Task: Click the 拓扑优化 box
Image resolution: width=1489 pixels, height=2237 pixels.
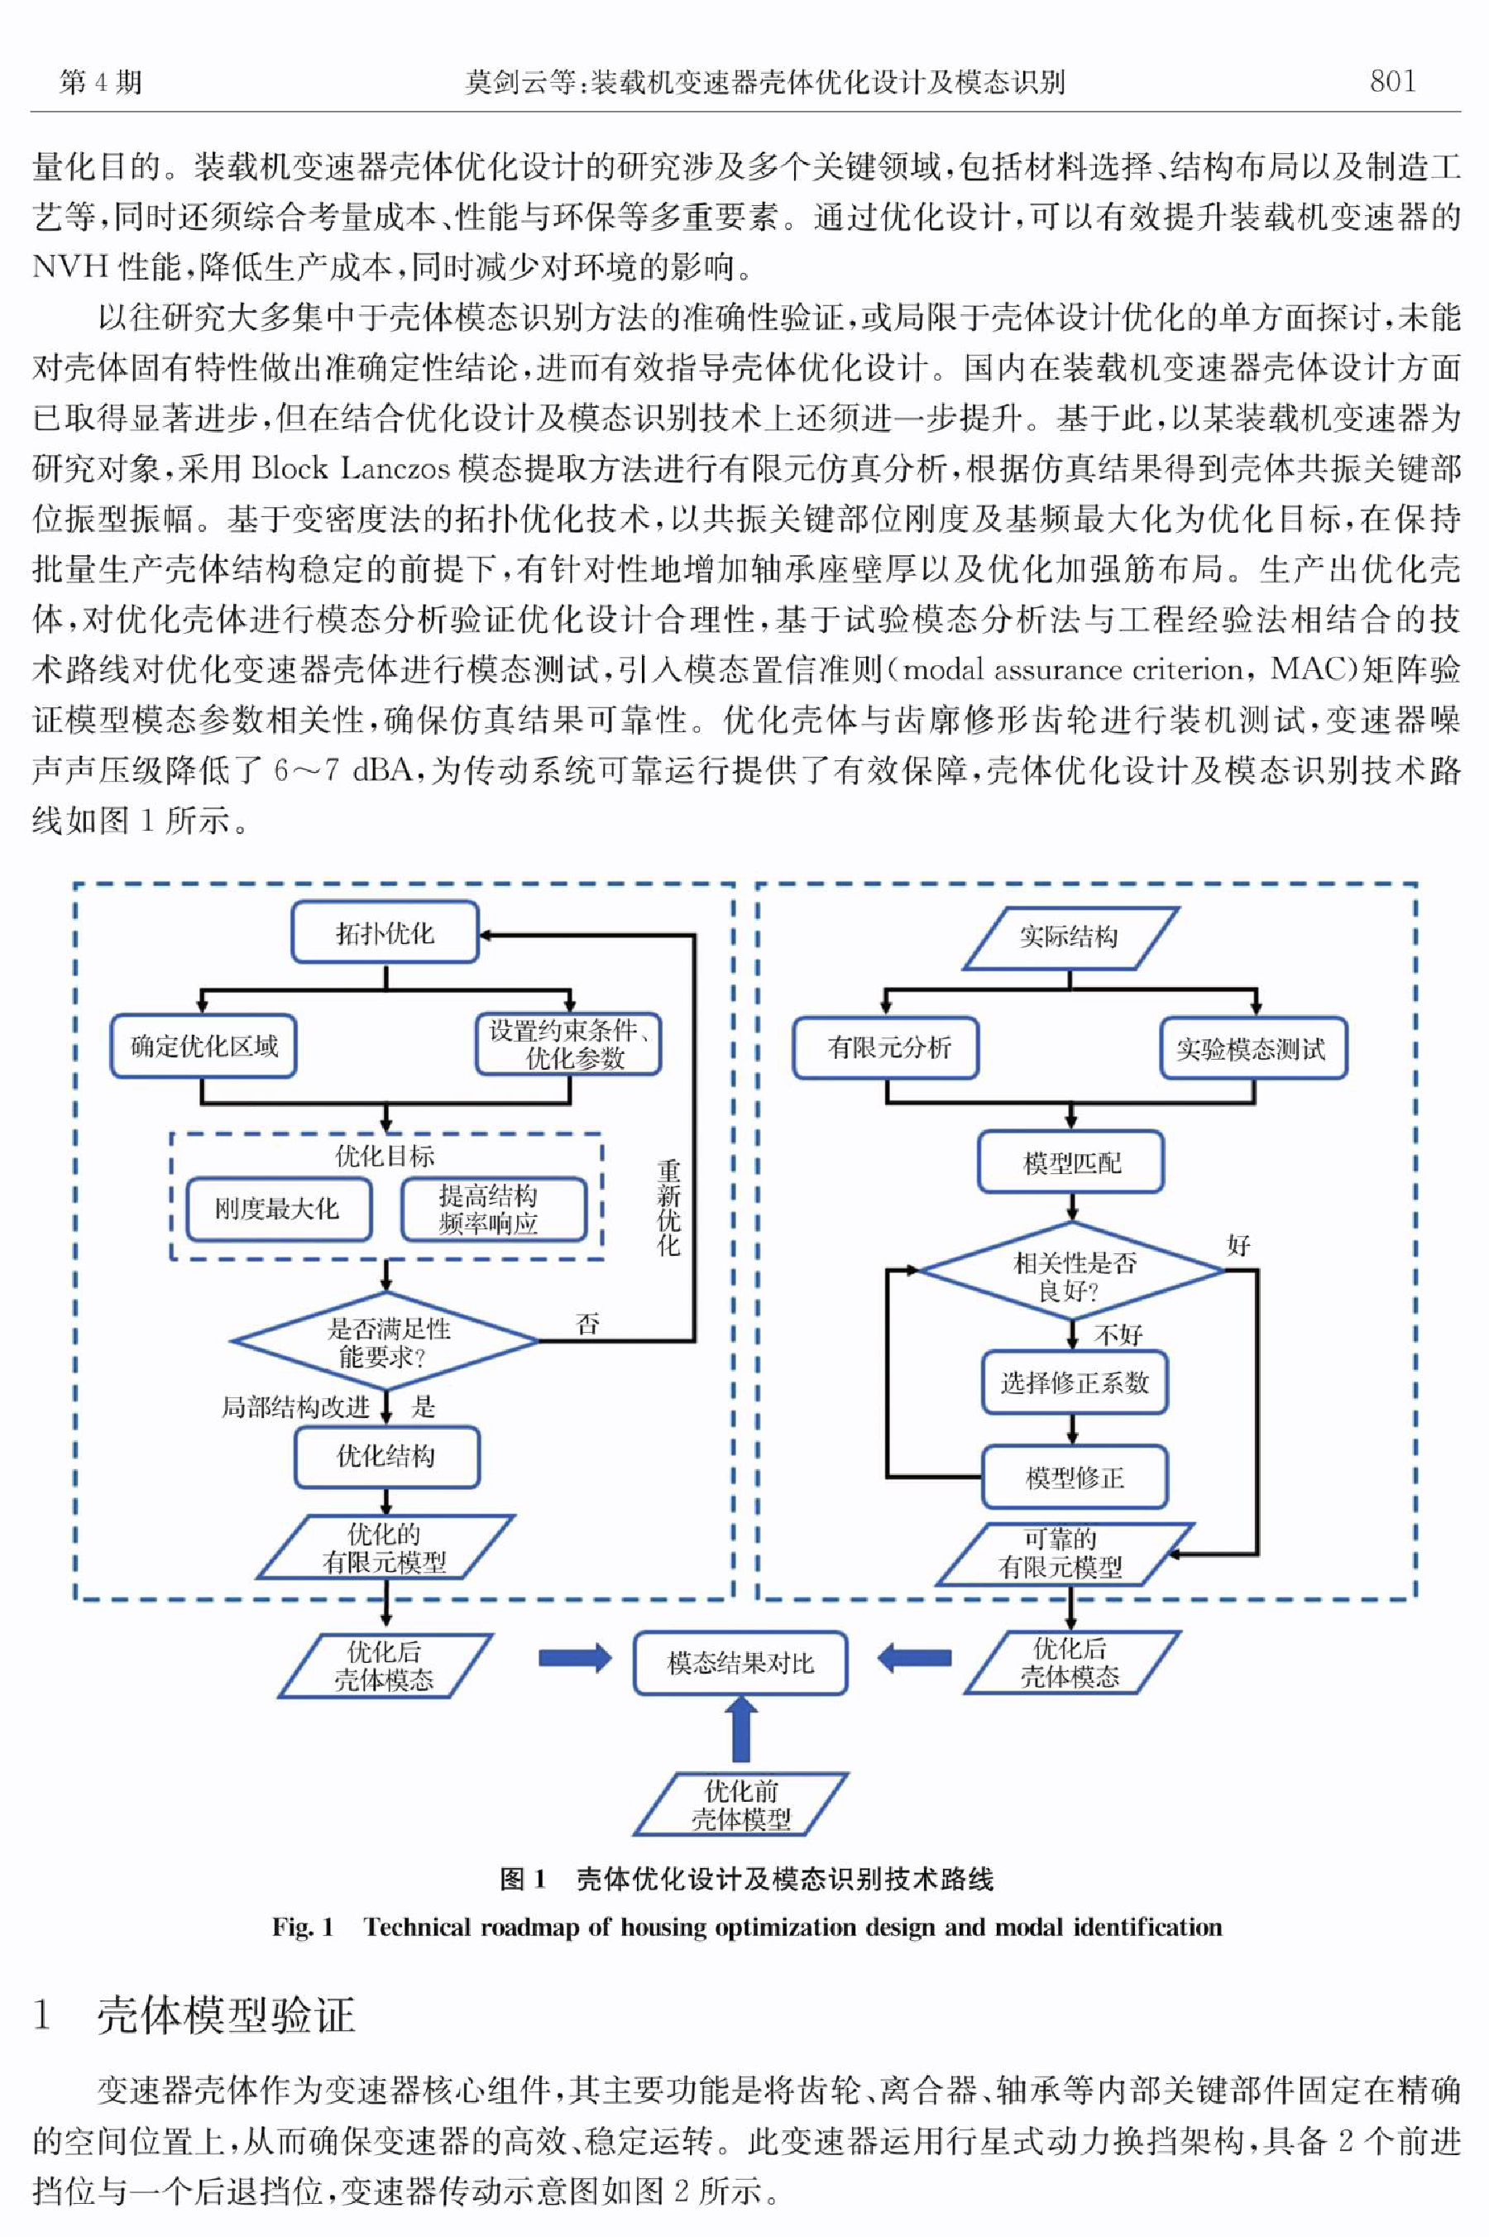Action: tap(385, 932)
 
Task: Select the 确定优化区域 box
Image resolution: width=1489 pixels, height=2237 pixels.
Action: tap(203, 1047)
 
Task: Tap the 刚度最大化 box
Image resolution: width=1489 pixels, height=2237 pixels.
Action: tap(277, 1209)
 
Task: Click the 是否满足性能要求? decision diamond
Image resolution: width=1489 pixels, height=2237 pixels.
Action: tap(385, 1342)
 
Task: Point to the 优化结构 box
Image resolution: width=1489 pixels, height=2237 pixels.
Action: tap(386, 1455)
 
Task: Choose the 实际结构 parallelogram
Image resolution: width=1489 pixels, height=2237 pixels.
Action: tap(1070, 938)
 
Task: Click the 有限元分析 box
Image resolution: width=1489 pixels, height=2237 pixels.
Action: tap(886, 1047)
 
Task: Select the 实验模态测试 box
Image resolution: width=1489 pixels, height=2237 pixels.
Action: tap(1252, 1048)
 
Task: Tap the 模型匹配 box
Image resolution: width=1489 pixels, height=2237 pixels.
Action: tap(1070, 1162)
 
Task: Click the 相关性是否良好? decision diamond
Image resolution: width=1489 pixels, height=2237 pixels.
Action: tap(1072, 1271)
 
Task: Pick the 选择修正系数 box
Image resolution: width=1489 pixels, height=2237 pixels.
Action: tap(1074, 1382)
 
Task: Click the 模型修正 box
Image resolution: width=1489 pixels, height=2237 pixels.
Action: tap(1074, 1478)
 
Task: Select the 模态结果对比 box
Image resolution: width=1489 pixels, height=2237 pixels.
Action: tap(740, 1664)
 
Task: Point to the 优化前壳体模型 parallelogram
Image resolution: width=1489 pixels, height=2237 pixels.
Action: tap(740, 1804)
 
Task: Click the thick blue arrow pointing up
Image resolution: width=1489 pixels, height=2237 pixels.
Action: tap(740, 1730)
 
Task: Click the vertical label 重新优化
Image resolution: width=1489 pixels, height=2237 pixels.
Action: tap(668, 1208)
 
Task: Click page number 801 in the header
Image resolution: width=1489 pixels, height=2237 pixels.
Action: tap(1392, 82)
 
